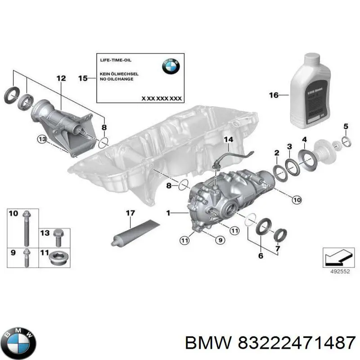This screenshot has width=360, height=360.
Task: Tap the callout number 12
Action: coord(61,79)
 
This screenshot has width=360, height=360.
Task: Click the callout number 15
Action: coord(83,78)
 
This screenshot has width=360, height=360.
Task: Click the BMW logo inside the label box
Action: coord(171,67)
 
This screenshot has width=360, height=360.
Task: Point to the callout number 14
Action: coord(229,139)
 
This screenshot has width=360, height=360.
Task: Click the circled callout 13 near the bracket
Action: coord(42,140)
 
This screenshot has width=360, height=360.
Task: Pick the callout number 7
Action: coord(278,249)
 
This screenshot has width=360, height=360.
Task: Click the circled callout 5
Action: coord(346,126)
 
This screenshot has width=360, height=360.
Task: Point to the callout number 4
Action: coord(305,139)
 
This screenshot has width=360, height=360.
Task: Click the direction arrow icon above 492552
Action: coord(337,258)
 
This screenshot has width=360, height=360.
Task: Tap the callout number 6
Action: coord(260,256)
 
